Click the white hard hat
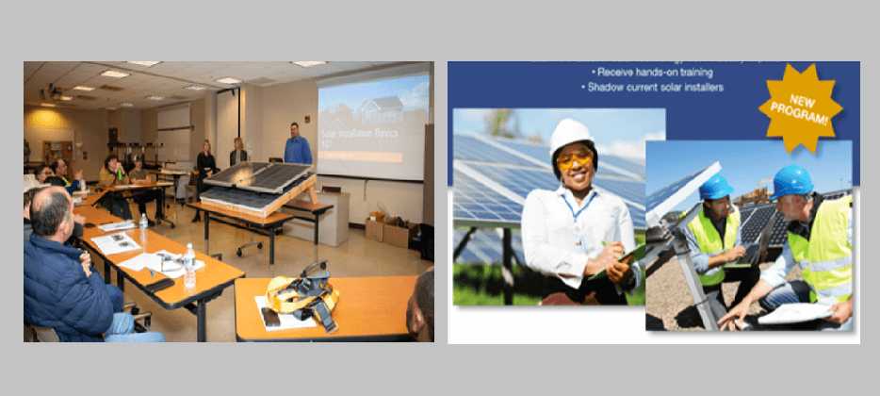[x=570, y=136]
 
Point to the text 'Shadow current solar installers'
[x=652, y=87]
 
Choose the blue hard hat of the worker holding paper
[x=792, y=180]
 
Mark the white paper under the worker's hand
[x=793, y=313]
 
